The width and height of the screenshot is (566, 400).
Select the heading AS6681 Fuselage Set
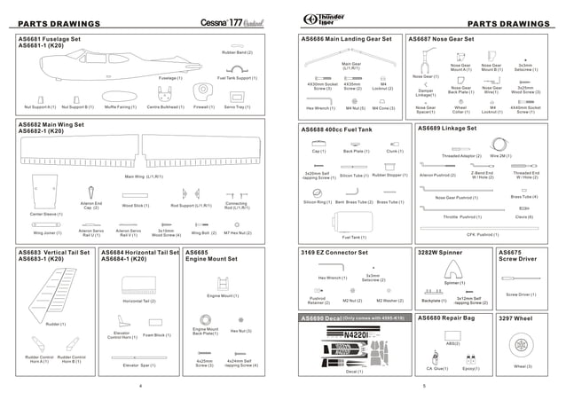50,39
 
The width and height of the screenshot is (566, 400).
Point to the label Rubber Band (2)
237,53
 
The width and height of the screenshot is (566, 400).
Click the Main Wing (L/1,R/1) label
144,176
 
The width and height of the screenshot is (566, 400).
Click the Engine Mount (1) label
223,295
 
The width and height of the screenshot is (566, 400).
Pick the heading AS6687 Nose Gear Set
441,39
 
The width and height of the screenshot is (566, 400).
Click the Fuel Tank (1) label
353,237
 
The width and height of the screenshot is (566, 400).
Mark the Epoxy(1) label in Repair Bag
470,367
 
